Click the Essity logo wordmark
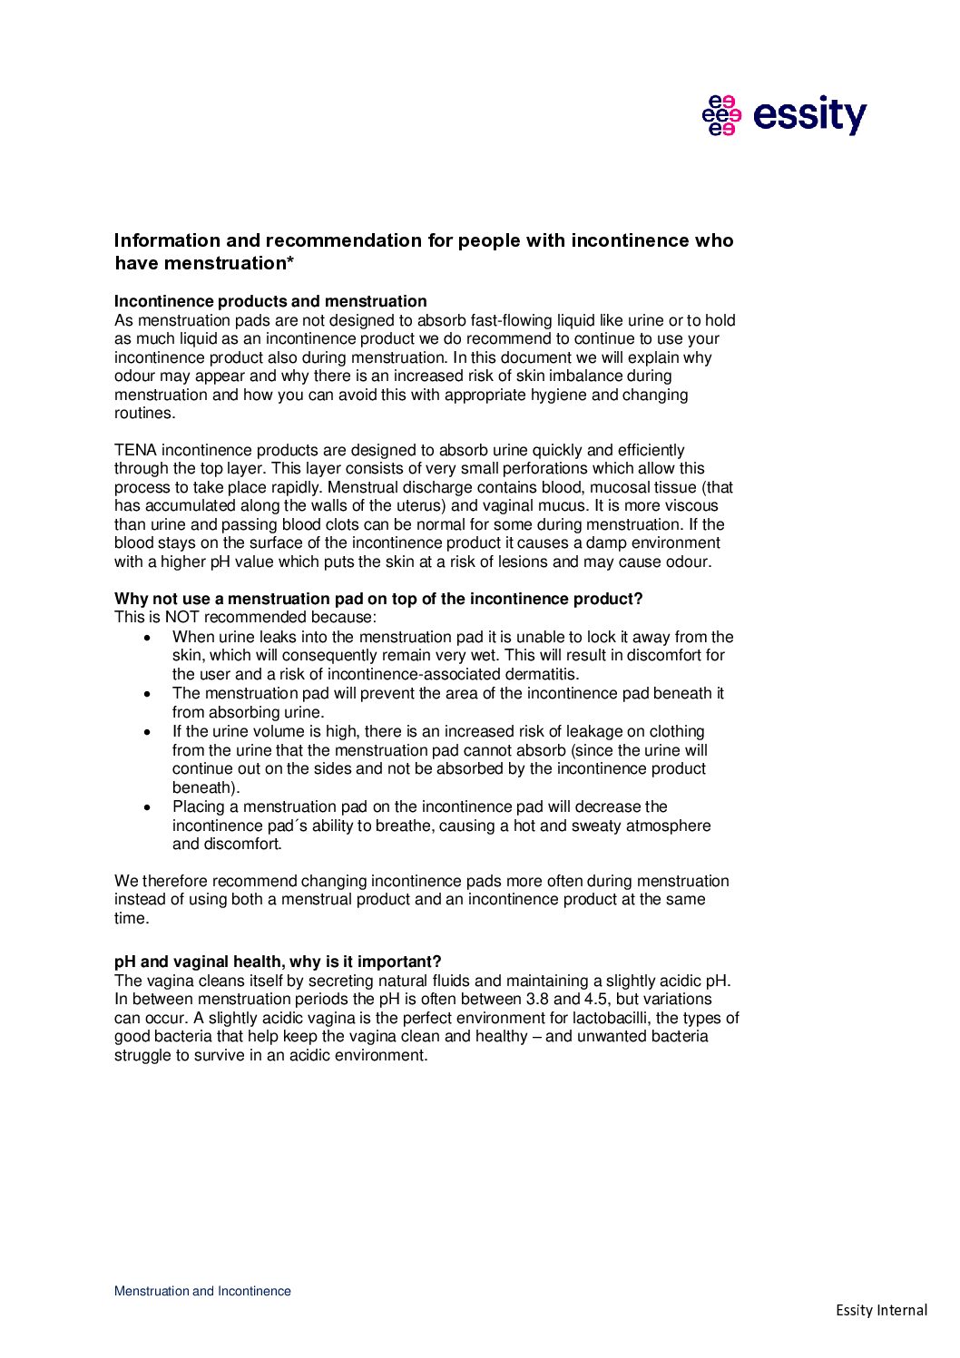click(809, 115)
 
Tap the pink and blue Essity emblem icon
click(721, 115)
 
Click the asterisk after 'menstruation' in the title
click(290, 263)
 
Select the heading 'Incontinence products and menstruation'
click(270, 301)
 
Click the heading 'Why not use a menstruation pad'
click(377, 599)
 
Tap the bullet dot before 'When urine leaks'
click(148, 638)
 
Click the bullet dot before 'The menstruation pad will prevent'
click(148, 694)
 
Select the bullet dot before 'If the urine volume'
click(148, 732)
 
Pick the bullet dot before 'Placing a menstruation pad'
click(148, 807)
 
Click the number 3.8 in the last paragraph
click(538, 1000)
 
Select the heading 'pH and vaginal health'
click(278, 962)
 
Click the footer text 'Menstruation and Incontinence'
click(202, 1291)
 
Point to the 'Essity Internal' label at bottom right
click(881, 1310)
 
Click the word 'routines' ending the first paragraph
click(142, 413)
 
